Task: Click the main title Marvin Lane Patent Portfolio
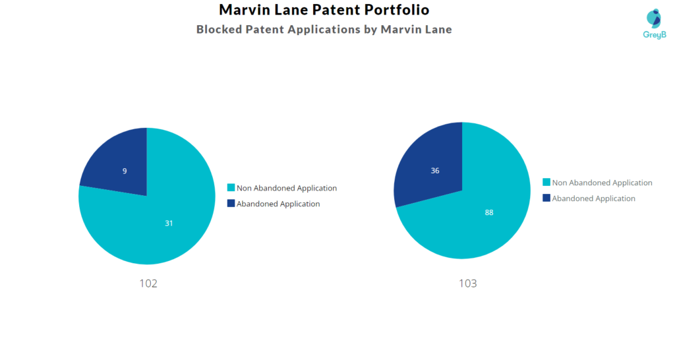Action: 324,10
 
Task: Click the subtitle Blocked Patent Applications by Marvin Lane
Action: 324,30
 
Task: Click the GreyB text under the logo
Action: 654,35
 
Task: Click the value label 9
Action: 125,171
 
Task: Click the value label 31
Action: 169,224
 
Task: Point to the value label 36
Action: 435,171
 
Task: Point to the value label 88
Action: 488,212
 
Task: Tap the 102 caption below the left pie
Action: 148,284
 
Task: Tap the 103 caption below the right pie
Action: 467,284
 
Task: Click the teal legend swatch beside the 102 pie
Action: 231,188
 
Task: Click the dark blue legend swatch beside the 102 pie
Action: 231,204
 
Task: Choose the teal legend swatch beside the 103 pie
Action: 546,183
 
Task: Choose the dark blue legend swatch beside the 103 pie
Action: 546,198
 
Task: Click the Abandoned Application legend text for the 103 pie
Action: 593,198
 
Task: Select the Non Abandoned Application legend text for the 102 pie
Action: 286,188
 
